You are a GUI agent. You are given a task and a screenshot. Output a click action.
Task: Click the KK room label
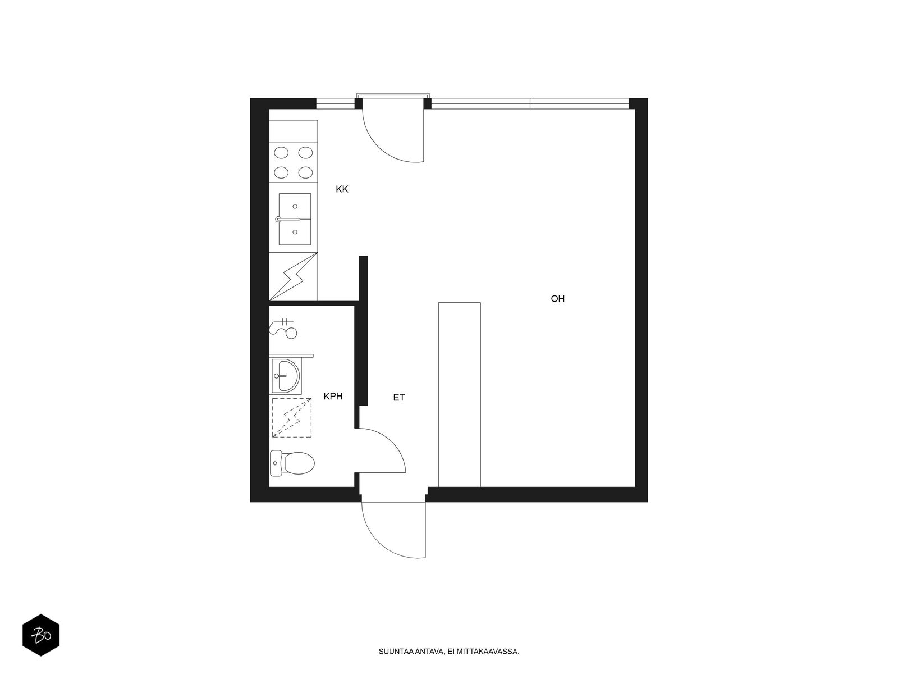pyautogui.click(x=342, y=189)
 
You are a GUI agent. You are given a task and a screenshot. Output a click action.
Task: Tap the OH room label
pyautogui.click(x=557, y=299)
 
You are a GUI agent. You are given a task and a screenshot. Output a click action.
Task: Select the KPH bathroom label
pyautogui.click(x=333, y=397)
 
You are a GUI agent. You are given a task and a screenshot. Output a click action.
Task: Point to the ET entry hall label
pyautogui.click(x=399, y=398)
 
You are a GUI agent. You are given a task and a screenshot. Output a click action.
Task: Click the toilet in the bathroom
pyautogui.click(x=292, y=464)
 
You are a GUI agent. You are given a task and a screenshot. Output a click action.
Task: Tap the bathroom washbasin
pyautogui.click(x=286, y=375)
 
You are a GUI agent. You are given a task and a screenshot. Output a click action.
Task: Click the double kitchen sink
pyautogui.click(x=295, y=219)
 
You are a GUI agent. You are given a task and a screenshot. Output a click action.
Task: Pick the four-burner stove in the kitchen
pyautogui.click(x=294, y=162)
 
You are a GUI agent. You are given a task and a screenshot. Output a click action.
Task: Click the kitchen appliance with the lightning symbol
pyautogui.click(x=294, y=276)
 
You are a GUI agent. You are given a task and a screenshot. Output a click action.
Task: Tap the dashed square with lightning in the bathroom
pyautogui.click(x=292, y=417)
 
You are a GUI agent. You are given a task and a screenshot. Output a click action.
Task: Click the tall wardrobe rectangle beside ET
pyautogui.click(x=460, y=394)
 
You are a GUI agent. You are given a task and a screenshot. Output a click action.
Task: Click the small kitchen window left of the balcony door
pyautogui.click(x=336, y=103)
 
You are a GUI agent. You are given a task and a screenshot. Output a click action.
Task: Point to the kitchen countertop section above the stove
pyautogui.click(x=294, y=131)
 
